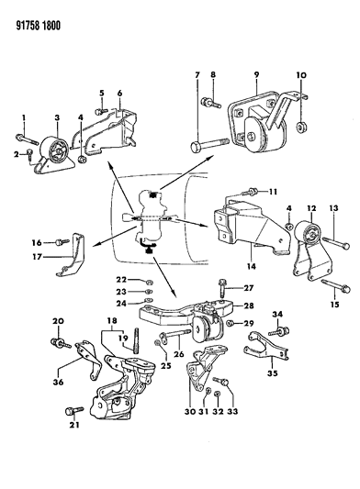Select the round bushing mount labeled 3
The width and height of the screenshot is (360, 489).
pyautogui.click(x=47, y=150)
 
